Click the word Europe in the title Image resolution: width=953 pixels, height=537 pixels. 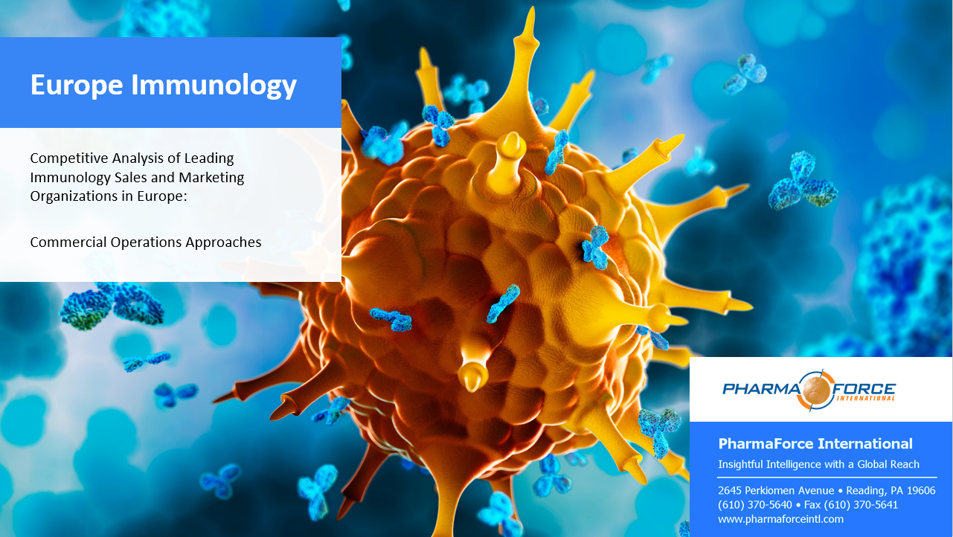(x=77, y=85)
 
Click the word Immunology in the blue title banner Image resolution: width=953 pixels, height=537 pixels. (x=214, y=86)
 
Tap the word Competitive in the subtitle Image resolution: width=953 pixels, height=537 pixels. (x=69, y=158)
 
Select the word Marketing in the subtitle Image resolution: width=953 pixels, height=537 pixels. (x=211, y=178)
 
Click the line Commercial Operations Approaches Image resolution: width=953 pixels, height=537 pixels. (x=146, y=242)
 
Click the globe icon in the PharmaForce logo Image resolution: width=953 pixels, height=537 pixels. (x=816, y=390)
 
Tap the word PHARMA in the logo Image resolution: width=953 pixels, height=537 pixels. (x=760, y=389)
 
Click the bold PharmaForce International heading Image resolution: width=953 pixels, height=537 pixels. (x=815, y=444)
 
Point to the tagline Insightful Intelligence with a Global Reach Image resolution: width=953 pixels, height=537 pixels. (x=818, y=464)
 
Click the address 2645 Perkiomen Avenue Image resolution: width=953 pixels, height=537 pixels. (x=776, y=491)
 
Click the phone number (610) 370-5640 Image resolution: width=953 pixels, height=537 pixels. (x=755, y=505)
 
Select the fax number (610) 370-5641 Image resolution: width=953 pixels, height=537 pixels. (x=861, y=505)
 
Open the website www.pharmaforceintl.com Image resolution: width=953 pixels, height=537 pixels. (x=780, y=519)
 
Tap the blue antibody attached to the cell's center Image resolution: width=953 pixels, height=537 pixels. (x=596, y=248)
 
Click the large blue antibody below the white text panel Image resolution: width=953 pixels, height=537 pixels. (x=112, y=305)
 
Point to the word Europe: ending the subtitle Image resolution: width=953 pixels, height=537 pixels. (x=162, y=196)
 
